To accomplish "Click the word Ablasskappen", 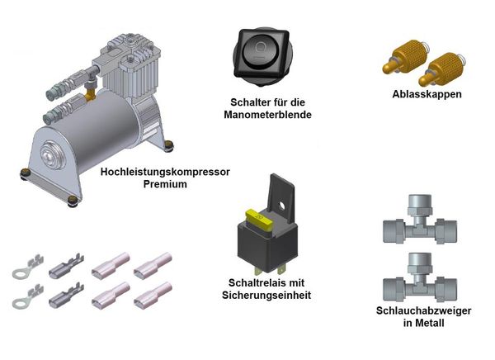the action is [427, 94].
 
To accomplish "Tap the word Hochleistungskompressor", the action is [165, 172].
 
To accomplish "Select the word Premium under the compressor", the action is [165, 184].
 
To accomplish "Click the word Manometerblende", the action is [267, 115].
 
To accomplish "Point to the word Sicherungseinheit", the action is [266, 295].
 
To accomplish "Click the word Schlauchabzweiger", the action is [424, 310].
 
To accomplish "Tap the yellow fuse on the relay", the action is [259, 220].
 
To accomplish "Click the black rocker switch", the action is [262, 55].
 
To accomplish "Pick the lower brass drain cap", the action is [442, 69].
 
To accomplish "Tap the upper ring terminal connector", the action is [27, 267].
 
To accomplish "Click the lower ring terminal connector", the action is [27, 296].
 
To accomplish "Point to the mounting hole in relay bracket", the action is [282, 206].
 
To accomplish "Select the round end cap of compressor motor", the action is [53, 155].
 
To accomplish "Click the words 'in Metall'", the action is [424, 323].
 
